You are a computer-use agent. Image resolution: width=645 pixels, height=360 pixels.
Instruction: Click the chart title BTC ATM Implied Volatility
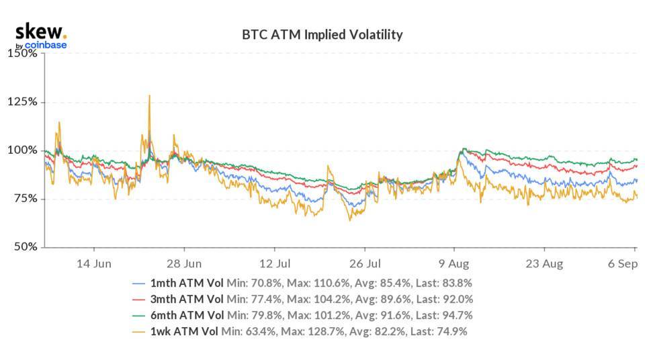(x=322, y=34)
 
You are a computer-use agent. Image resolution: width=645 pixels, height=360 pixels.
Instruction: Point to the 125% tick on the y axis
(x=22, y=102)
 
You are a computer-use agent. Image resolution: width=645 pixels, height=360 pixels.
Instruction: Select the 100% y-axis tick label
(x=22, y=150)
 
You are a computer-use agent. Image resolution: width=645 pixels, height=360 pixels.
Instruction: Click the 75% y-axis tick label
(x=24, y=199)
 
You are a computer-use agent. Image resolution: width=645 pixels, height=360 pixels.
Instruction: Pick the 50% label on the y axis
(x=24, y=247)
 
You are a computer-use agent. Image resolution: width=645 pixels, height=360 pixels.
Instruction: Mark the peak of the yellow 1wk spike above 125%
(x=149, y=95)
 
